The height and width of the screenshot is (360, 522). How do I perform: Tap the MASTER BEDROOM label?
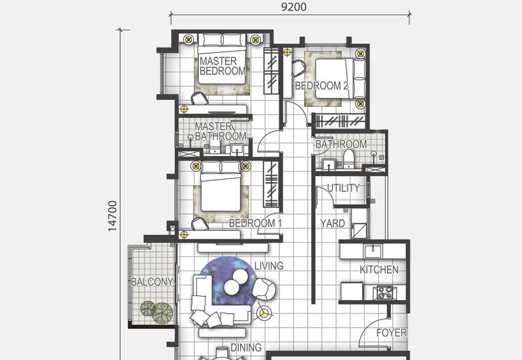[222, 67]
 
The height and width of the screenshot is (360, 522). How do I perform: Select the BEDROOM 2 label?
[321, 85]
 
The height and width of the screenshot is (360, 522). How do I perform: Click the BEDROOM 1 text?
[255, 223]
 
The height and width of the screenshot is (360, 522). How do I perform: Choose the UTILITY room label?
[343, 188]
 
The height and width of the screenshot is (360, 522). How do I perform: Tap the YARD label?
[332, 223]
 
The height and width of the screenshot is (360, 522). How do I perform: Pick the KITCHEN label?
[378, 269]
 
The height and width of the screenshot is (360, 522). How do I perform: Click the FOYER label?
[391, 333]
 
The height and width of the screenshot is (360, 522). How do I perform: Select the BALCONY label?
[151, 282]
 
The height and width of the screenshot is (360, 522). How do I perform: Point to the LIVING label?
[268, 265]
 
